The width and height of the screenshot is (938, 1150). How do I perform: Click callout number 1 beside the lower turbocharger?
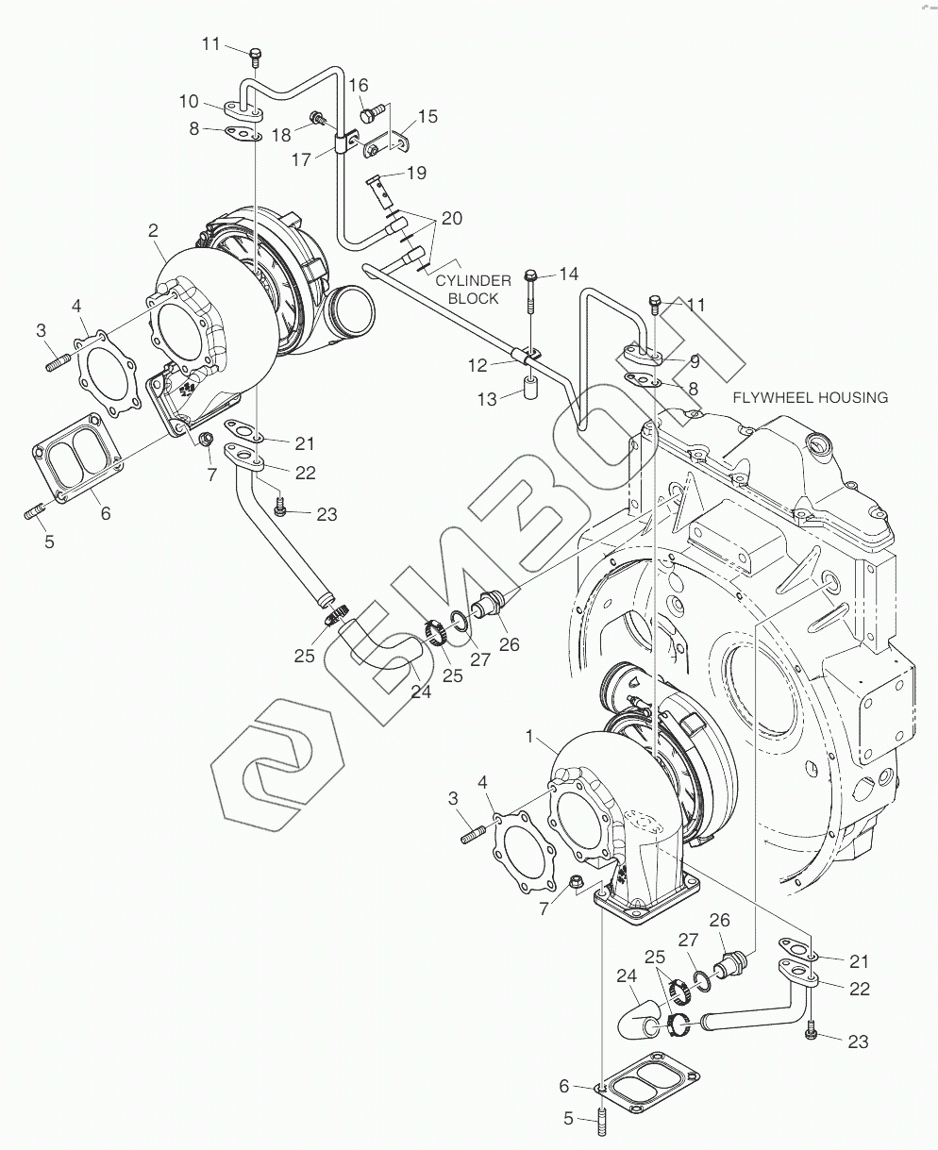528,736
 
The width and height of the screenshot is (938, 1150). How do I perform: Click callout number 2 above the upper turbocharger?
153,230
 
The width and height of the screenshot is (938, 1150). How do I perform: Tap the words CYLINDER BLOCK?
473,290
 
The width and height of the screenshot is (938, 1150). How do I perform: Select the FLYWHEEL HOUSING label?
811,397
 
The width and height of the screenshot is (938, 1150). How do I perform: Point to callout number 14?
568,274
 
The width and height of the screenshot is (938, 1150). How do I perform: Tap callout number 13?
487,400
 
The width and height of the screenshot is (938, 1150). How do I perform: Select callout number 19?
417,173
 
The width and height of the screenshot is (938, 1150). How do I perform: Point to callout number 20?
452,218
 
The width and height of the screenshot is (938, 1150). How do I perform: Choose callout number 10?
189,101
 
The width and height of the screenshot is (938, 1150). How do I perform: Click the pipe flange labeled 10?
243,109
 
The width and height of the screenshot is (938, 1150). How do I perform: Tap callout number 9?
695,361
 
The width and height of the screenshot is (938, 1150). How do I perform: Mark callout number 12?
477,365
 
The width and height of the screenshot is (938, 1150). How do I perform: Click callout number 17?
301,159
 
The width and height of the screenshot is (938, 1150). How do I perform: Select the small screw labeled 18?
316,117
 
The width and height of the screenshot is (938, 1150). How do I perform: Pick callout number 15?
428,116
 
